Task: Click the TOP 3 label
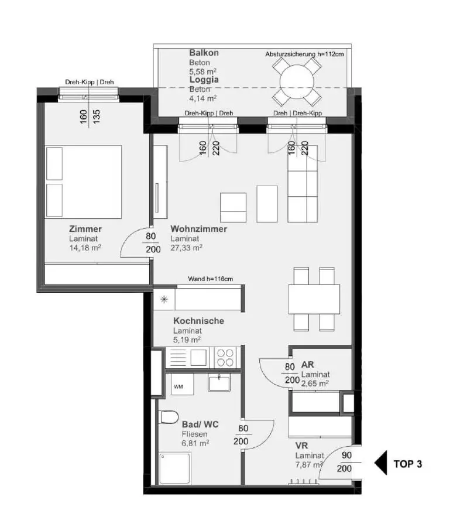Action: tap(407, 464)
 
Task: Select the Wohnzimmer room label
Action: tap(198, 229)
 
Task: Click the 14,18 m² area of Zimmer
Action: tap(85, 248)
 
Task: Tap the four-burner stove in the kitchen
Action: tap(225, 357)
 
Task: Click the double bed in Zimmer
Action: tap(83, 181)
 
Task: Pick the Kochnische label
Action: tap(198, 321)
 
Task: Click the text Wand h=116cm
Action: tap(211, 279)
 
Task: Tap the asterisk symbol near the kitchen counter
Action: tap(164, 299)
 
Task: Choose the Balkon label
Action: tap(204, 53)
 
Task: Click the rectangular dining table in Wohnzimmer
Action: tap(314, 299)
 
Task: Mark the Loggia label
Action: tap(204, 79)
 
